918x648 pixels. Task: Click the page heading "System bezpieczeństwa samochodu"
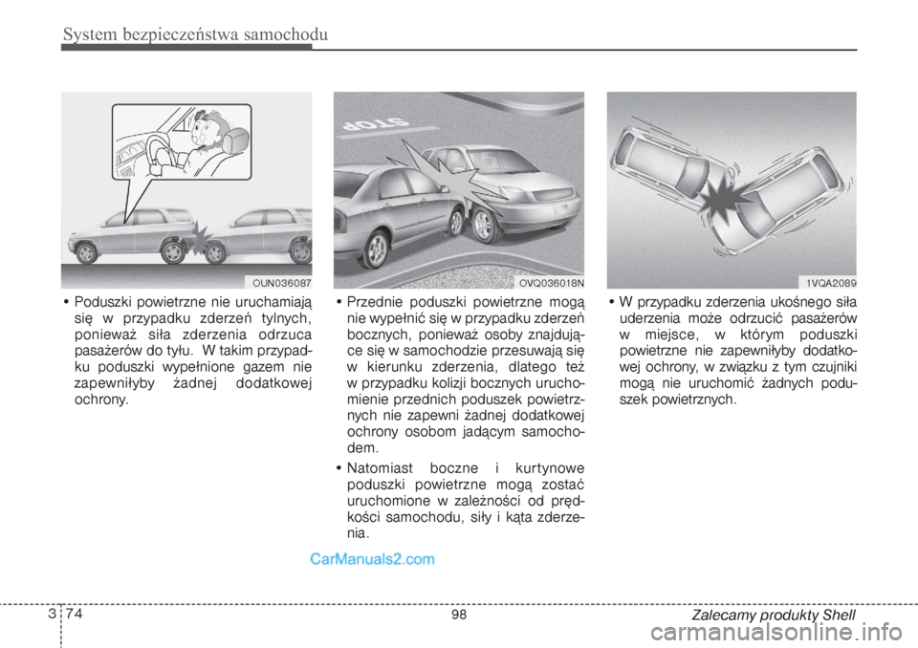coord(195,35)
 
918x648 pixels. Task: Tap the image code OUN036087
coord(282,282)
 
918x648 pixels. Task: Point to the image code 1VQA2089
coord(828,282)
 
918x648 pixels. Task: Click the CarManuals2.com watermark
coord(372,560)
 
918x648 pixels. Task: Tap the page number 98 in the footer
coord(459,616)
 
